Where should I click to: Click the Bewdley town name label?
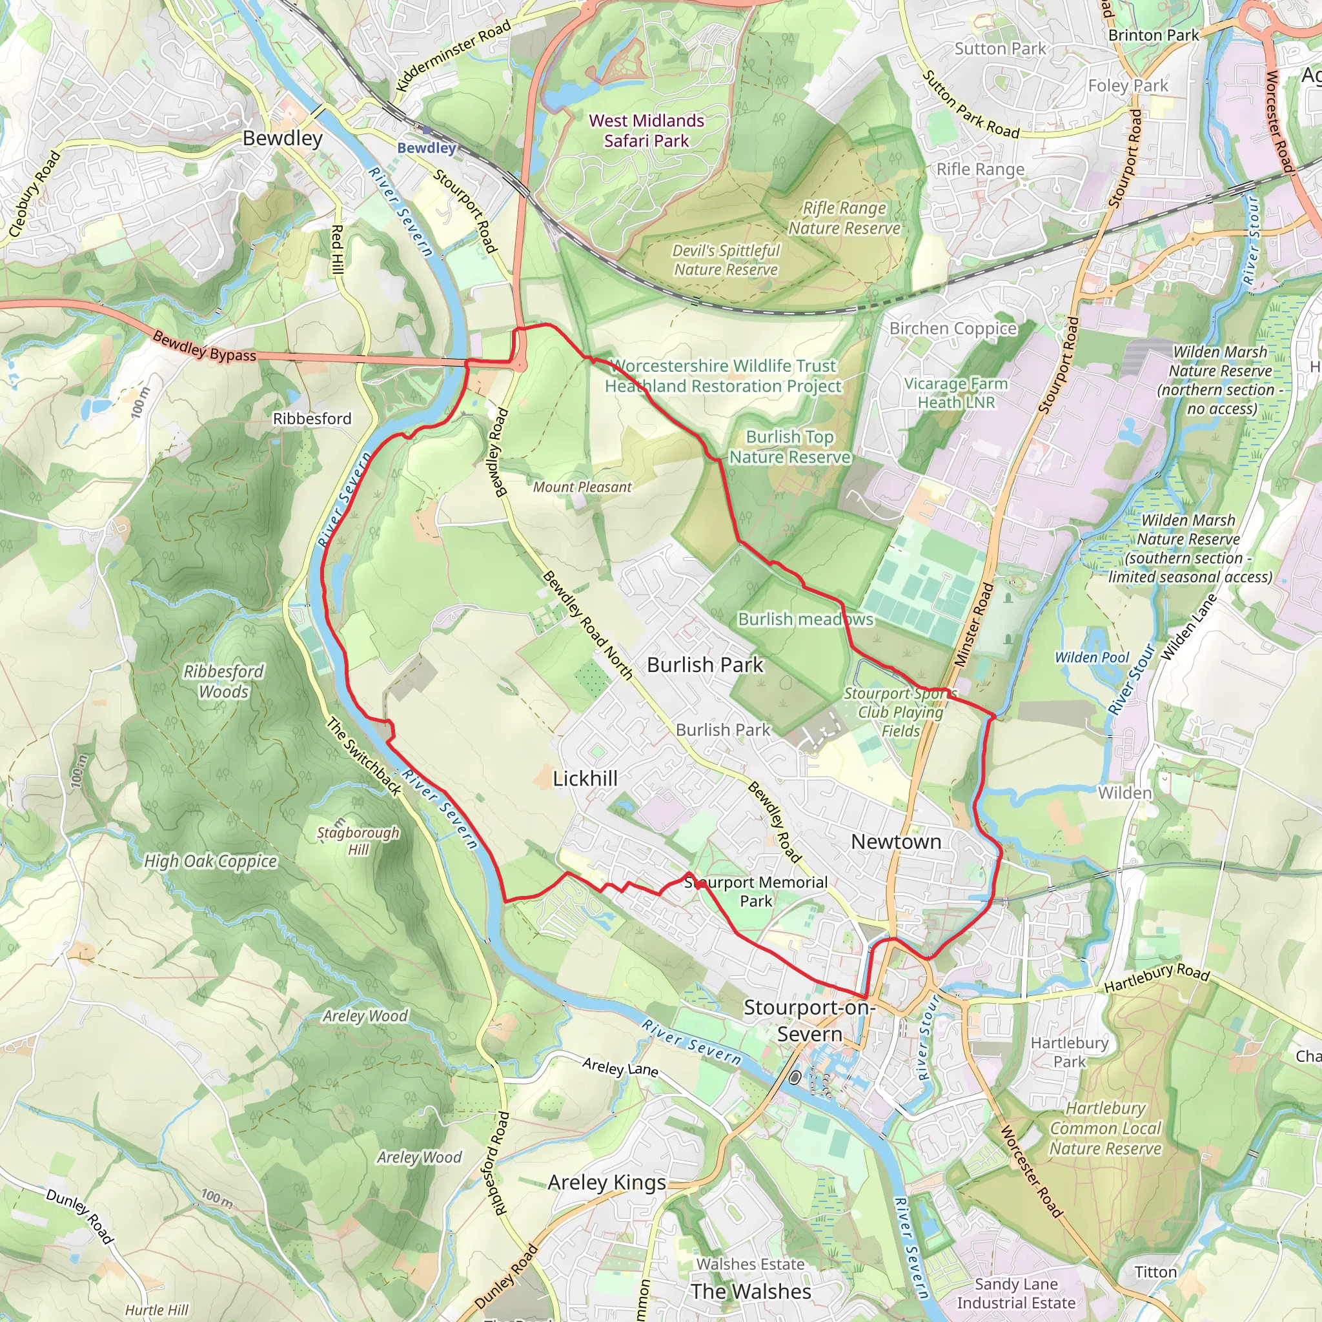[282, 138]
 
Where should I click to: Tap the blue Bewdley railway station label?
[426, 148]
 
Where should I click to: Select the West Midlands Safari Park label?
[646, 130]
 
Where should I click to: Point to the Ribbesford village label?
[312, 419]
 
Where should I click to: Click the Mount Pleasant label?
[582, 487]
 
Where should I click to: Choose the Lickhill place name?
[585, 778]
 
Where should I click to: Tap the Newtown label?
[896, 842]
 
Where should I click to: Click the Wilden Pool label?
[1092, 658]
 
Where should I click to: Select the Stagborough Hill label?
[358, 841]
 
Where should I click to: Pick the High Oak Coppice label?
[210, 862]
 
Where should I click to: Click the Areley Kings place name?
[607, 1182]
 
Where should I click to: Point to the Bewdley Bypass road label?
[204, 346]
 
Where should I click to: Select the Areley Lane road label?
[620, 1067]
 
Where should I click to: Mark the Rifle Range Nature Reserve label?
[844, 218]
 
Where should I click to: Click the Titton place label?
[1155, 1272]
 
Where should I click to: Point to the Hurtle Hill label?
[157, 1310]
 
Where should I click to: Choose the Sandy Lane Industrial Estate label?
[1015, 1293]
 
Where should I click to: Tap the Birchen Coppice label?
[953, 329]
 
